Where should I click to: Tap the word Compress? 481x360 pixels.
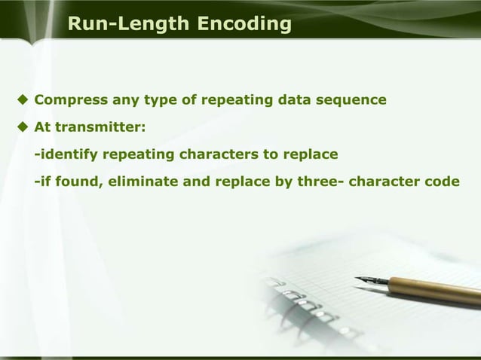[x=69, y=99]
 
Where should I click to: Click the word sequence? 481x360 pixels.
[x=355, y=99]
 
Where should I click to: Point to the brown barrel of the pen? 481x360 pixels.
[x=437, y=290]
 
